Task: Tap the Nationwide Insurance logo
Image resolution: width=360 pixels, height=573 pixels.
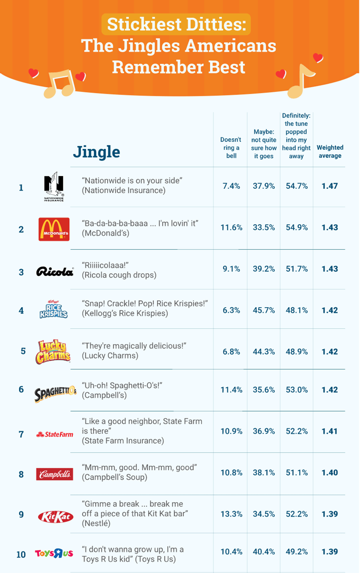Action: [x=54, y=187]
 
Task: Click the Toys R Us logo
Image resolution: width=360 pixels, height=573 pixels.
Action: [x=54, y=554]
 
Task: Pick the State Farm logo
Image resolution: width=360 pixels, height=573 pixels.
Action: [x=54, y=434]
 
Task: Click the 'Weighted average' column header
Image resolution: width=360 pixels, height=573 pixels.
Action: [x=330, y=152]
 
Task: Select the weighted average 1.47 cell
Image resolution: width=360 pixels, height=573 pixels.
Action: [x=329, y=186]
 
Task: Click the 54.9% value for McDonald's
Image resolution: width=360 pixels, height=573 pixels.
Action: [x=296, y=227]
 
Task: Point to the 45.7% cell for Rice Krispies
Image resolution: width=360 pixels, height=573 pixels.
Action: [x=264, y=310]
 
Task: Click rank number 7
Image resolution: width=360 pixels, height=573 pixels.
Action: [x=21, y=434]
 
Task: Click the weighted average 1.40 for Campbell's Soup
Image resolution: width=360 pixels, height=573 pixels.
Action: [x=329, y=473]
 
